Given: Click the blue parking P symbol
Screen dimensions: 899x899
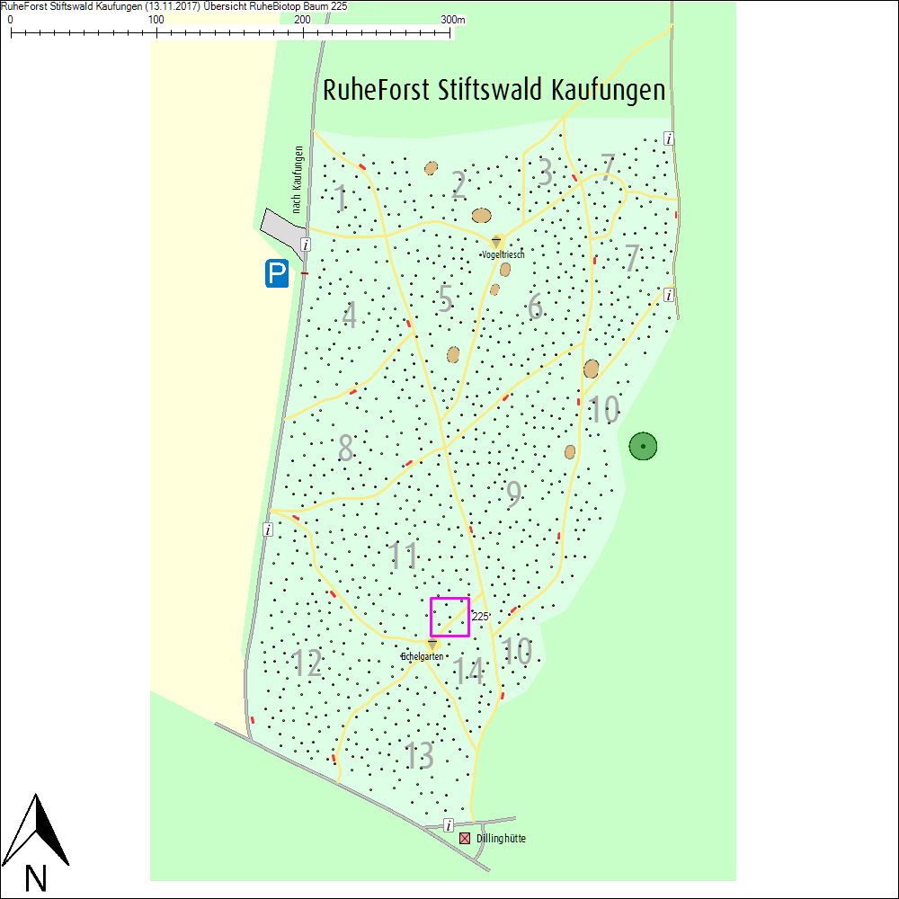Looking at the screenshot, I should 277,273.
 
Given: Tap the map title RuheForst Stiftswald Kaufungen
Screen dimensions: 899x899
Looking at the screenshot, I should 494,91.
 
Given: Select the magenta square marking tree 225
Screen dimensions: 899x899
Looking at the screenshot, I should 449,617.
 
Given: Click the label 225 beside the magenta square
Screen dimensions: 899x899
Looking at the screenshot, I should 479,617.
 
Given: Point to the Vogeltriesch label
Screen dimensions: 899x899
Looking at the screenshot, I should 503,254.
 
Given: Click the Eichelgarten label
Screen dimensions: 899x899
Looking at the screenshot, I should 423,657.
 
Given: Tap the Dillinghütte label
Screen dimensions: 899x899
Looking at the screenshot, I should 501,839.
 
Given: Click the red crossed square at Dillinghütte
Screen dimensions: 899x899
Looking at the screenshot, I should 465,839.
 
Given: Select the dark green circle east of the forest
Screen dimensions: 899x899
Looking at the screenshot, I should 643,445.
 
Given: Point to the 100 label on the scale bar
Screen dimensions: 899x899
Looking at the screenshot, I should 156,19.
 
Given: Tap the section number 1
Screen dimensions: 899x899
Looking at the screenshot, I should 340,198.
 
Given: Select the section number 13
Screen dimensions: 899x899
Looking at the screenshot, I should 420,756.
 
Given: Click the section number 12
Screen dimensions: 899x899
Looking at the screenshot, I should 307,663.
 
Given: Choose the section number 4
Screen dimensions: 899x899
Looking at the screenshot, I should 350,316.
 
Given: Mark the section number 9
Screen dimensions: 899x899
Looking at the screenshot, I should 513,494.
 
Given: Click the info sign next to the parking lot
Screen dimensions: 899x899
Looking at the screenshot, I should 306,245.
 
